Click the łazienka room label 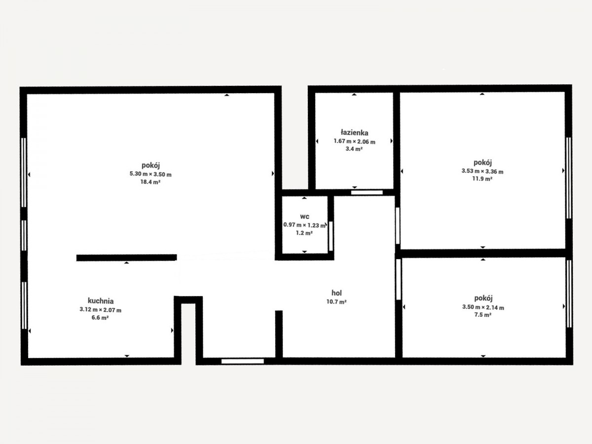[354, 133]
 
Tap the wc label [304, 217]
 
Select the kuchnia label [101, 301]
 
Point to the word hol [336, 293]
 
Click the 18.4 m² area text [150, 182]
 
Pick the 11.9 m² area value [482, 179]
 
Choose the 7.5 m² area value [483, 315]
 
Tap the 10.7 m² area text [336, 302]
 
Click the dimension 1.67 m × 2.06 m [354, 142]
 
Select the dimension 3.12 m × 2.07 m [100, 310]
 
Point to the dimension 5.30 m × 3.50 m [150, 174]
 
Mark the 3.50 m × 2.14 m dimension [483, 307]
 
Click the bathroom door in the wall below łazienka [367, 192]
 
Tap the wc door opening [331, 236]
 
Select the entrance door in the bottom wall [242, 361]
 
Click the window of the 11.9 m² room [568, 178]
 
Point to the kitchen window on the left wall [24, 305]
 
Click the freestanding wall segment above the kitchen [126, 258]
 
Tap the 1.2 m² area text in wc [304, 233]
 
